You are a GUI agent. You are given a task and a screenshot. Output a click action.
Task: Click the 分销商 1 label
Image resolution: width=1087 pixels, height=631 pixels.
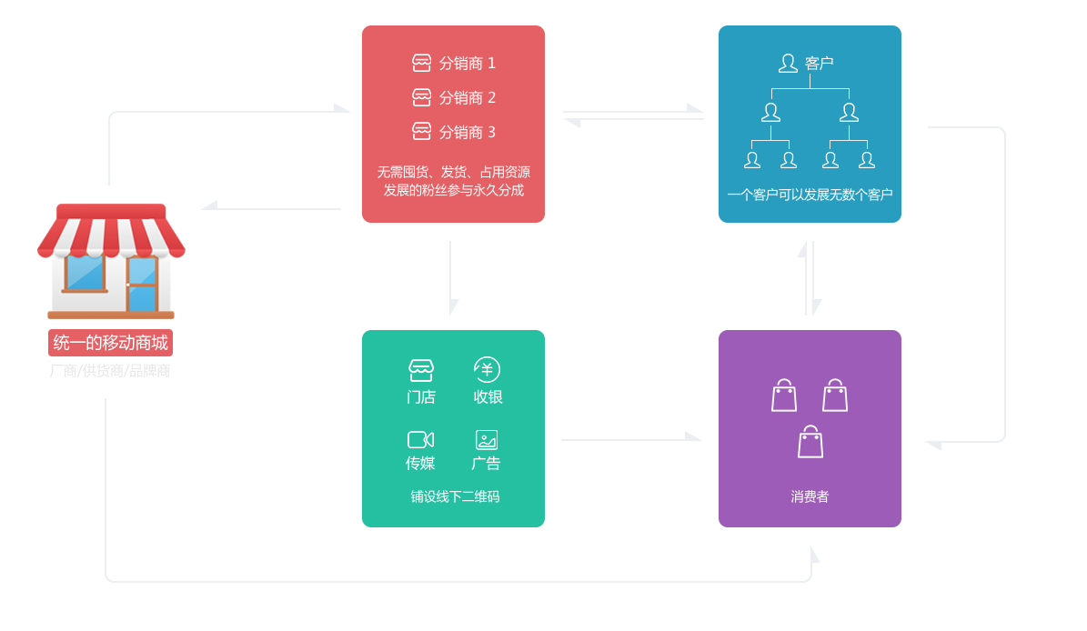(468, 64)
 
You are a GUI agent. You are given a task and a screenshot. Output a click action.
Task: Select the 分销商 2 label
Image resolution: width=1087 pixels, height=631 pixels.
(468, 98)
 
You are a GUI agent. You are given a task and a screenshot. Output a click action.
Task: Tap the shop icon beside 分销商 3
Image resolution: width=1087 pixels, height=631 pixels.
(421, 132)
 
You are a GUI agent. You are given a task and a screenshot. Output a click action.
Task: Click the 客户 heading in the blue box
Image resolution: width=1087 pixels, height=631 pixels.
(819, 64)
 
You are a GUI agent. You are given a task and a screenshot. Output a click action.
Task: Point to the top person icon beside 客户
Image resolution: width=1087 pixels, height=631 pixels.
(788, 64)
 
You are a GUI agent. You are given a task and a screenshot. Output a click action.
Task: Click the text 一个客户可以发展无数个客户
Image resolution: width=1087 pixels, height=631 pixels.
(810, 195)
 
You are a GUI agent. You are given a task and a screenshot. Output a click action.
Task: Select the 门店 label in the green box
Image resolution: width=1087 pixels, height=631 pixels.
(421, 397)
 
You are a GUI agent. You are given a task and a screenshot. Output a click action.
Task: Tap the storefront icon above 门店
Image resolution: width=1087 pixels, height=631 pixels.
(421, 370)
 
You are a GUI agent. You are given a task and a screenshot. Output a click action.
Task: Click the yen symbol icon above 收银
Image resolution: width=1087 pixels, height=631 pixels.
(487, 370)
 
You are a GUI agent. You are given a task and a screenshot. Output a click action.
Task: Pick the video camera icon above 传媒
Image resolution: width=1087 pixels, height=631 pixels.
(420, 440)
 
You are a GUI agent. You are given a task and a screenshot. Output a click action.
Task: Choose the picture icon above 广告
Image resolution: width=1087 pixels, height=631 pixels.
(487, 440)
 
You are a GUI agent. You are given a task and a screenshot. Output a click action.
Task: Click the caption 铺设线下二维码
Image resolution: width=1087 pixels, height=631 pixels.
(454, 496)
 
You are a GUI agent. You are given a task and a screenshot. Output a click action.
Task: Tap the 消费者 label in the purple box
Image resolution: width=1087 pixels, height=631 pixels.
(810, 496)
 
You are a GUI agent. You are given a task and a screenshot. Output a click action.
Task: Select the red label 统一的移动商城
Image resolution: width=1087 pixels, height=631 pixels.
(110, 343)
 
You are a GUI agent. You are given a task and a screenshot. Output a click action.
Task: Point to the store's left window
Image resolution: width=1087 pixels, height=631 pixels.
(85, 272)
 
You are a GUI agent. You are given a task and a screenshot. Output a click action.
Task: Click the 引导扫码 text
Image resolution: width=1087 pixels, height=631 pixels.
(621, 412)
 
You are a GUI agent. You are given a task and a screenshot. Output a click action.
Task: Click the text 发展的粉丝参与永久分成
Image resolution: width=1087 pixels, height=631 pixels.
(453, 191)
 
